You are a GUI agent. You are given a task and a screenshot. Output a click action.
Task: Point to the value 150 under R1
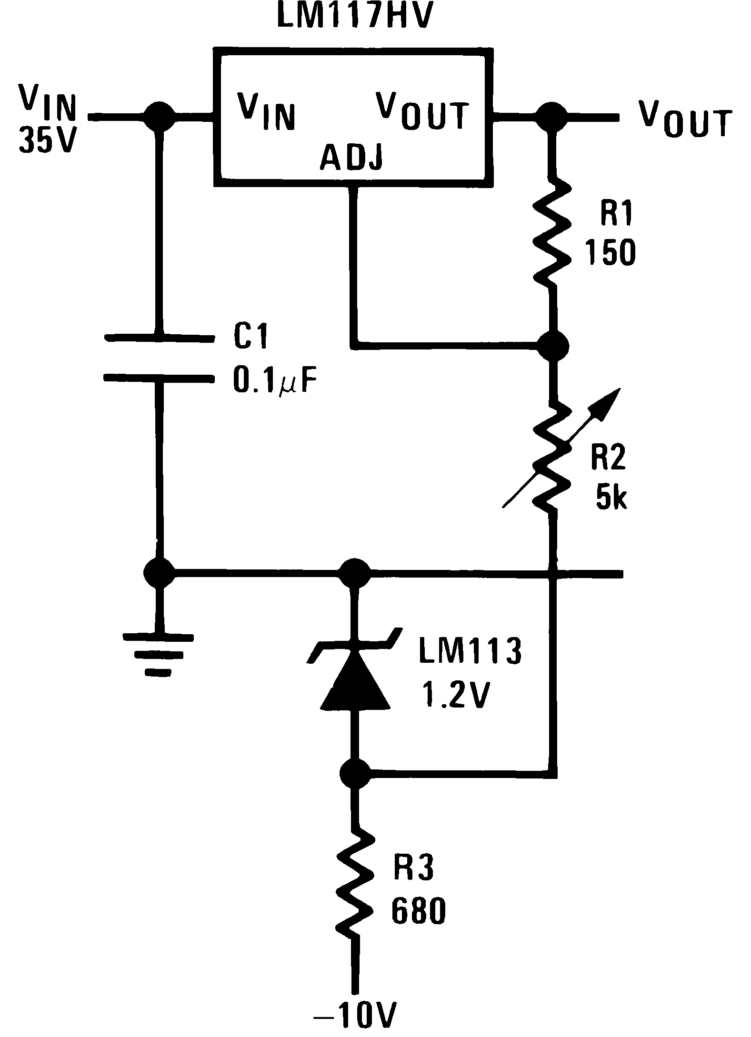tap(611, 252)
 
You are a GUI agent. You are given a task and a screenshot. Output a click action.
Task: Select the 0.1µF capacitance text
tap(274, 381)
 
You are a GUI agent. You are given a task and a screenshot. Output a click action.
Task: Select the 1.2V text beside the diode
tap(454, 696)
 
